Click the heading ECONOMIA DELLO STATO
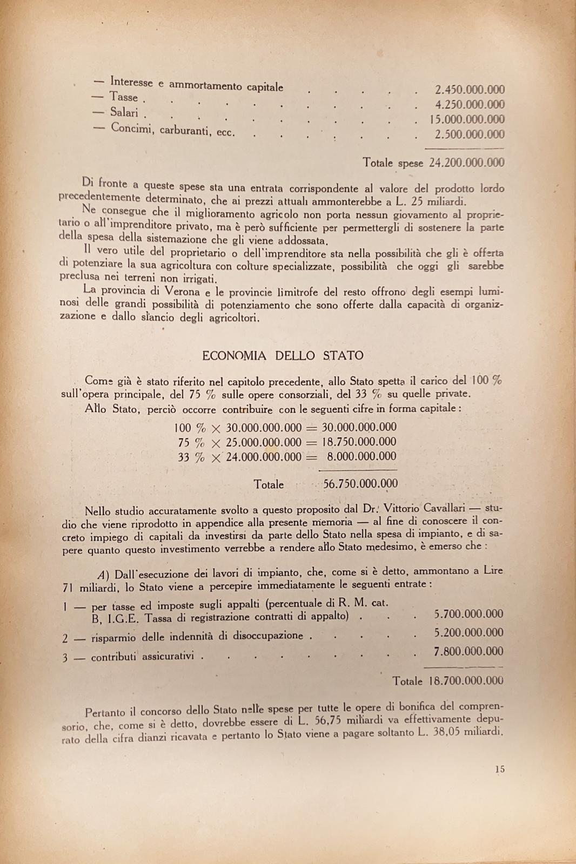[x=283, y=356]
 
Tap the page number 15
[x=499, y=769]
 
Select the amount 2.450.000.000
[x=470, y=90]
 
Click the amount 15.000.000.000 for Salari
[x=467, y=119]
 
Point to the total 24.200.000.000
[x=467, y=163]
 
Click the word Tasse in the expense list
[x=124, y=97]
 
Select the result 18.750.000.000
[x=359, y=442]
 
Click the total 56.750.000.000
[x=360, y=484]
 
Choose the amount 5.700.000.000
[x=468, y=614]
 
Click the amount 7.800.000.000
[x=468, y=651]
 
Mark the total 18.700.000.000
[x=466, y=681]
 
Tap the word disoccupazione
[x=268, y=636]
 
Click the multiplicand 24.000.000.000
[x=264, y=456]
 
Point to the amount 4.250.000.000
[x=470, y=104]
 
